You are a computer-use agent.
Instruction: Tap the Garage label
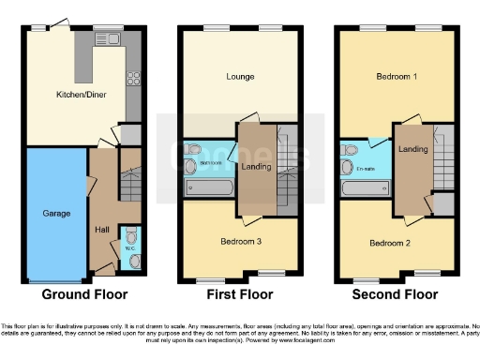(x=56, y=213)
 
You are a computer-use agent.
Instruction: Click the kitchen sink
(x=110, y=38)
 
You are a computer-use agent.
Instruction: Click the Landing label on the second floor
(x=412, y=149)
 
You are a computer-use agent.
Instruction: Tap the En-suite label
(x=367, y=169)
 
